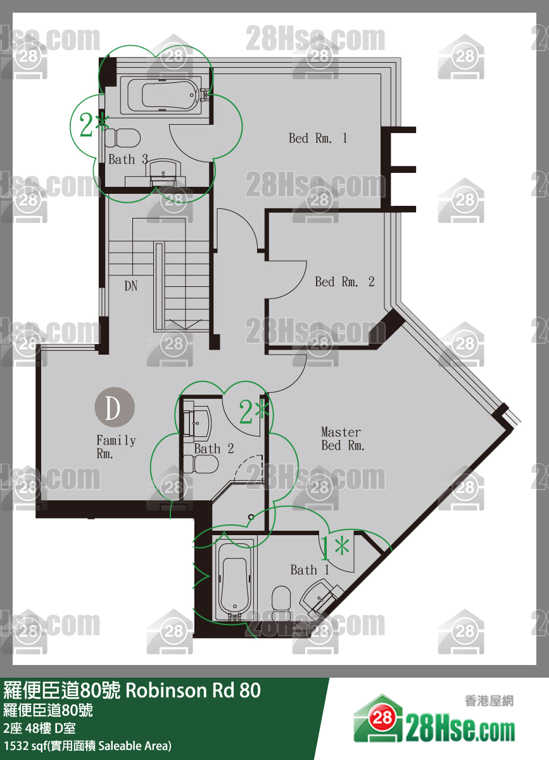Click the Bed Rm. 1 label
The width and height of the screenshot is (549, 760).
(318, 138)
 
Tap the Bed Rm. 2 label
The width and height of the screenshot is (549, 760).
(344, 282)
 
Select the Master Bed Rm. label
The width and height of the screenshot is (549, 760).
(343, 439)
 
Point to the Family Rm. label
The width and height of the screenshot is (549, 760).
(116, 447)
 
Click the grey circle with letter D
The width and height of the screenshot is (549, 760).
(115, 407)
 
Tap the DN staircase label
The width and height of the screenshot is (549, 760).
(130, 286)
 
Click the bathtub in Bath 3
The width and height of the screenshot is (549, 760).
(164, 95)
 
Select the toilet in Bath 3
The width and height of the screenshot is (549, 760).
(122, 138)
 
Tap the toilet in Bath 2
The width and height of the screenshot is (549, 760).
(201, 464)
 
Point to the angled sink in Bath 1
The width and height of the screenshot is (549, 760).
(320, 597)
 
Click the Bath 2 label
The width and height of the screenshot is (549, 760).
(214, 448)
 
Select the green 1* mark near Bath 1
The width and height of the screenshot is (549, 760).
(334, 548)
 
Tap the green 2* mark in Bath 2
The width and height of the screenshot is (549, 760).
(254, 412)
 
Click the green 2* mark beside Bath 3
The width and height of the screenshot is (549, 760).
(94, 125)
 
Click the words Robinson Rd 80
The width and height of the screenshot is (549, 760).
(193, 690)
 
